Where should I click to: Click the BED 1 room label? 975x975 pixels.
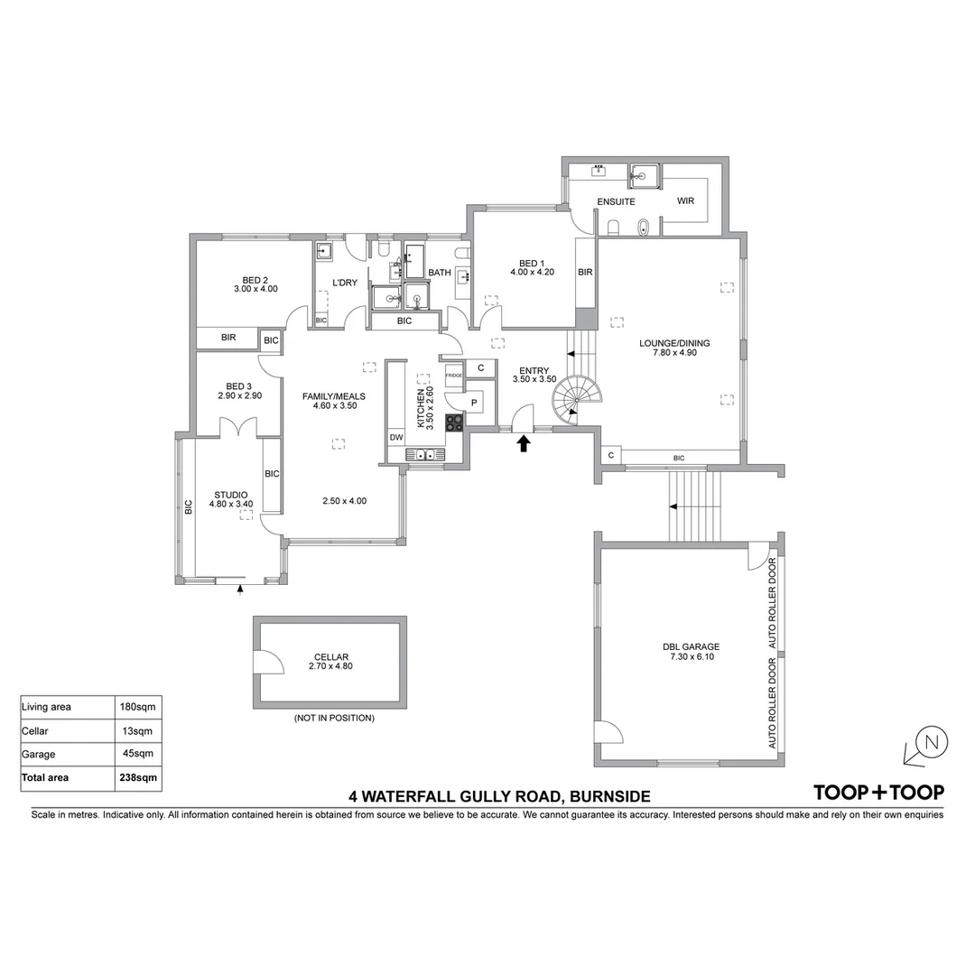525,264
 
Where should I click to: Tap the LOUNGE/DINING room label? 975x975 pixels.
674,343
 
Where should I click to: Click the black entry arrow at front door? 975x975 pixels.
524,443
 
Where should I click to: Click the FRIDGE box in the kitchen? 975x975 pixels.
453,375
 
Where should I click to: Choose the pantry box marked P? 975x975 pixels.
475,403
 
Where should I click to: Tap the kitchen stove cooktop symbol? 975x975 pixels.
454,420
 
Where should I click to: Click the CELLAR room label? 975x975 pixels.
331,657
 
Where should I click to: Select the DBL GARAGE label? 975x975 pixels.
691,646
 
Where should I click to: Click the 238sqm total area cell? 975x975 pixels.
140,776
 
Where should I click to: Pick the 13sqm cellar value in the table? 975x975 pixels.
140,730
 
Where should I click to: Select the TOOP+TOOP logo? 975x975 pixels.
878,793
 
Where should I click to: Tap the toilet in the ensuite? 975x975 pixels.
614,227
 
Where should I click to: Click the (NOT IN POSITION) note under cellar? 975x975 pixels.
334,719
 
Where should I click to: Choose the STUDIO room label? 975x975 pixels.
231,495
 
